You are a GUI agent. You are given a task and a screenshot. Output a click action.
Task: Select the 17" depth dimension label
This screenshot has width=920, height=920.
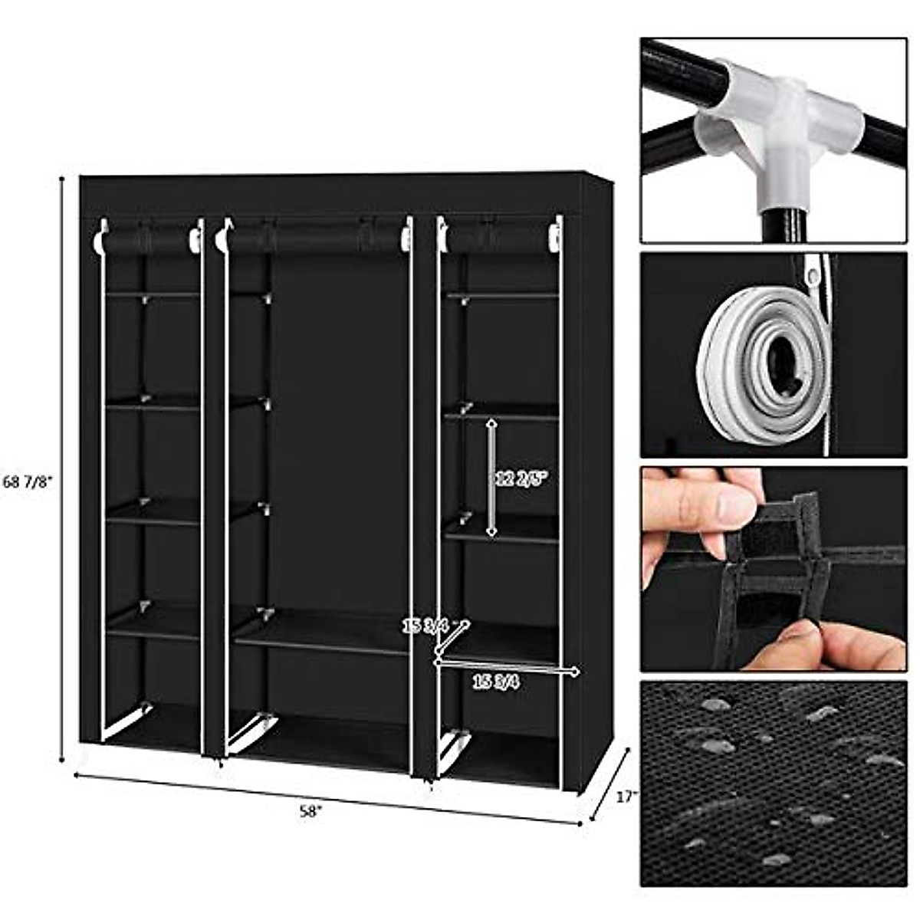[626, 797]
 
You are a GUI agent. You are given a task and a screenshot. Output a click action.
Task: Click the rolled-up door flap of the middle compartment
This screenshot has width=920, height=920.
[314, 238]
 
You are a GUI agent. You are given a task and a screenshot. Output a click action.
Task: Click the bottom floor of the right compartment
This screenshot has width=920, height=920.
[502, 759]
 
